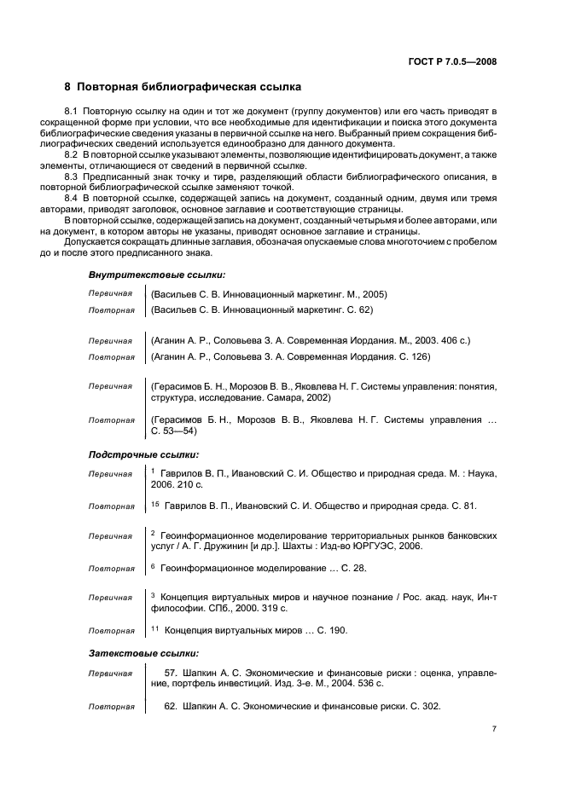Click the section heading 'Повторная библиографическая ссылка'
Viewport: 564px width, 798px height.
pos(189,87)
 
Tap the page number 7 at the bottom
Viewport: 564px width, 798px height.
pos(494,730)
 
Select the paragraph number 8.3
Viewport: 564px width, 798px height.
pos(73,176)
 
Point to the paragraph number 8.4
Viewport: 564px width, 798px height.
pos(73,198)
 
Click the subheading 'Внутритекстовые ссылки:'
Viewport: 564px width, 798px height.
pos(157,275)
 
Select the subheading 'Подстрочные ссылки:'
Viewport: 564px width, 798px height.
pos(143,454)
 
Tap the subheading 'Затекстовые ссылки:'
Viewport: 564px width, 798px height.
pos(143,653)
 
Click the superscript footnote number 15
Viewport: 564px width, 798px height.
pos(155,504)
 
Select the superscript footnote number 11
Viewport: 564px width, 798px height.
pos(155,628)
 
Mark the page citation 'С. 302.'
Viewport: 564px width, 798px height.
pos(424,707)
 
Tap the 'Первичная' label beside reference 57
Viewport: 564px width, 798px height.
pos(110,673)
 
